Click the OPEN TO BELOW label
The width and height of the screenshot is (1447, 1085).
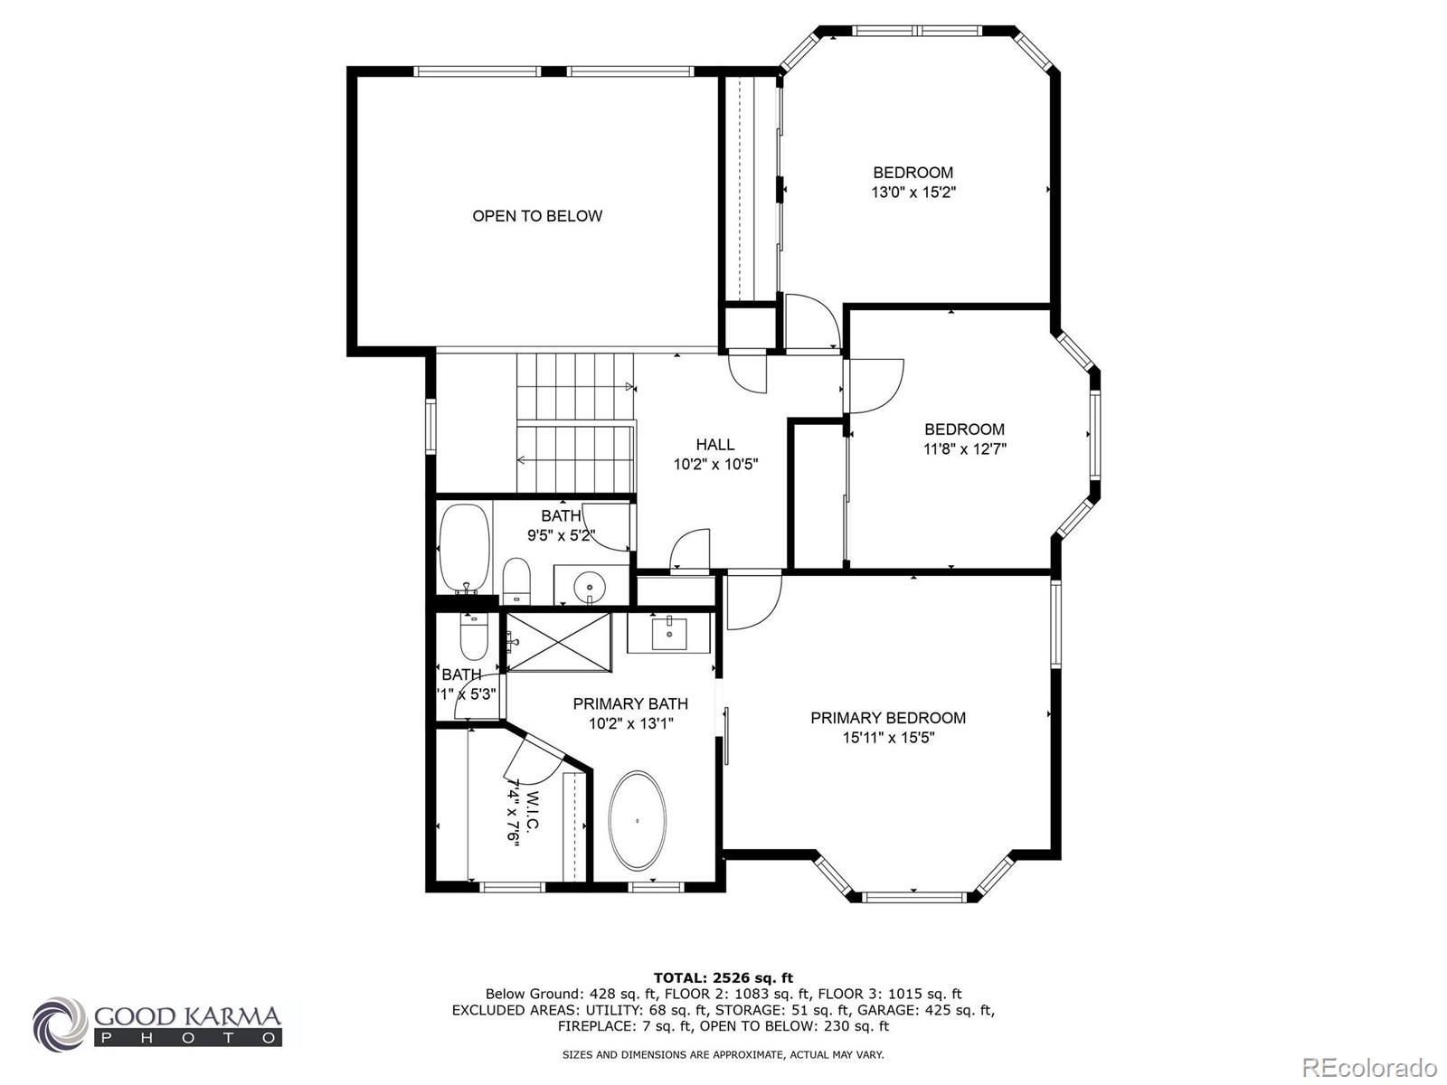[537, 215]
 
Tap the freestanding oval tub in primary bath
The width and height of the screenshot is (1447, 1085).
[638, 821]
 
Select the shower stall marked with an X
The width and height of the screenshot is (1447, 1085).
[558, 642]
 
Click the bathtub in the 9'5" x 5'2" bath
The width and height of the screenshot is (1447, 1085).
[464, 548]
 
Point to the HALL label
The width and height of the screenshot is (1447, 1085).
[714, 444]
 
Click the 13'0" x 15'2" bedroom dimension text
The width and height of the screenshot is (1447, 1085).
[913, 193]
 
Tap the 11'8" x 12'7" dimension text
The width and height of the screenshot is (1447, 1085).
[965, 448]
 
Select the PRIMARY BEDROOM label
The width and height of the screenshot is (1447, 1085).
[888, 718]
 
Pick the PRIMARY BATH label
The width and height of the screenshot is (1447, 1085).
[630, 703]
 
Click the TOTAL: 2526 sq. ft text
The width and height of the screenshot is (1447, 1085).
[723, 977]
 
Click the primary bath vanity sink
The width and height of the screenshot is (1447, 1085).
[669, 632]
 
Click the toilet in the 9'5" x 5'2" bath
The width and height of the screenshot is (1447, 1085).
[515, 580]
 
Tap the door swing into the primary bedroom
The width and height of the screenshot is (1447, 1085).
[752, 601]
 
